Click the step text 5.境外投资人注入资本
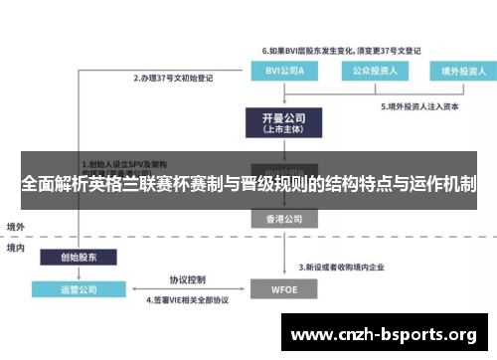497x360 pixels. (421, 106)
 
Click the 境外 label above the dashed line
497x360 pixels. (16, 226)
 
